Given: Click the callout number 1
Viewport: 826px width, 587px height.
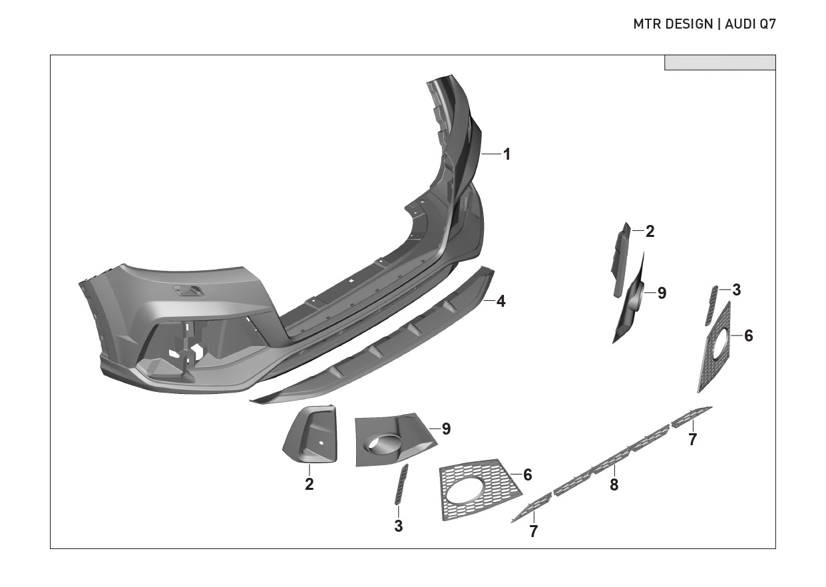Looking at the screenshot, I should [x=507, y=154].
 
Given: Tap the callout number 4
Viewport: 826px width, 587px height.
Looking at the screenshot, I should [x=501, y=301].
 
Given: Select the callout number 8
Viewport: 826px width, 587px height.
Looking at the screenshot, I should [x=614, y=485].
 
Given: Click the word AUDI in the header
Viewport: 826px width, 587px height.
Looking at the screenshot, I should [x=739, y=25].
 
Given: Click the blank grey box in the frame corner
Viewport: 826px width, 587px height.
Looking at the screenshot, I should [x=720, y=63].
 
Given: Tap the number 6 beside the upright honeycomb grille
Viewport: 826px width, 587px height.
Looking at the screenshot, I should [x=749, y=336].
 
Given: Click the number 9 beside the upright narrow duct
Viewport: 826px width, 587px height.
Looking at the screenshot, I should [x=662, y=293].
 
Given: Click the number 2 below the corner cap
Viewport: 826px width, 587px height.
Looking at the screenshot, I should [x=310, y=485].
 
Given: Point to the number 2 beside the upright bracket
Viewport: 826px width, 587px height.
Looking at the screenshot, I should [x=650, y=232].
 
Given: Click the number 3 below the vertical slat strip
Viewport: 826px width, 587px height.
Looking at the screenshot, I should [x=398, y=526].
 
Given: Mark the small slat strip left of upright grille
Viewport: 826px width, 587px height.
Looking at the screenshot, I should [x=712, y=305].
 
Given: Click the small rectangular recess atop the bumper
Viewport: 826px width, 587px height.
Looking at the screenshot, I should [x=189, y=290].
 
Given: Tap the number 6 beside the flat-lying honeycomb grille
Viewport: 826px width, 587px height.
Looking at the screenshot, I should [x=528, y=475].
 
